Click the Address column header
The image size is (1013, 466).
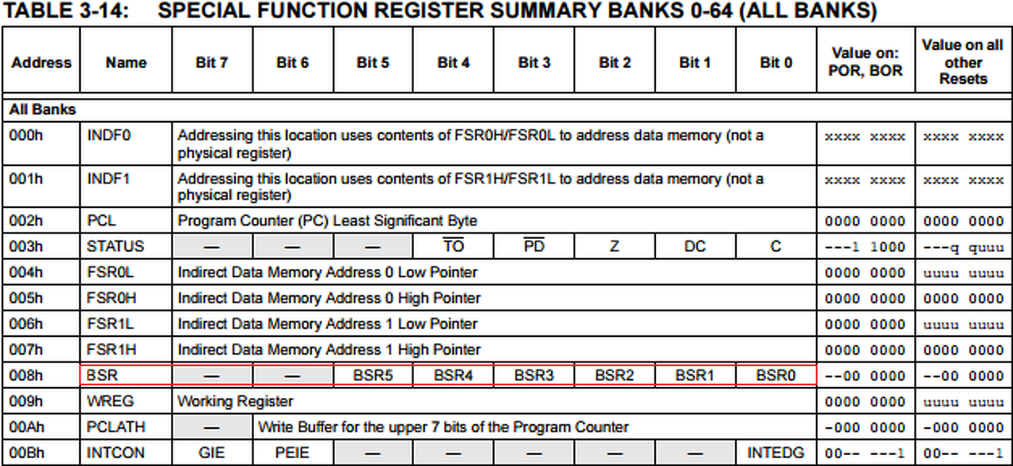pyautogui.click(x=41, y=63)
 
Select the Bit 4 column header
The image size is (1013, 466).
pyautogui.click(x=453, y=63)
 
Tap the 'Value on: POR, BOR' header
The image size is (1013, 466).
pyautogui.click(x=865, y=62)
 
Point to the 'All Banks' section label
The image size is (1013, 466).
pyautogui.click(x=43, y=109)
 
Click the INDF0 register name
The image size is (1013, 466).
pyautogui.click(x=108, y=135)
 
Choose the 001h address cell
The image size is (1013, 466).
pyautogui.click(x=26, y=179)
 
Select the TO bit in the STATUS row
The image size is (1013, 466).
pyautogui.click(x=453, y=245)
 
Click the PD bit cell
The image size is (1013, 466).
pyautogui.click(x=533, y=245)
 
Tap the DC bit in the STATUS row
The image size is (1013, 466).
pyautogui.click(x=695, y=246)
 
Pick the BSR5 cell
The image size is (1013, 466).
pyautogui.click(x=373, y=375)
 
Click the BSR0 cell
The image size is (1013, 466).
pyautogui.click(x=776, y=375)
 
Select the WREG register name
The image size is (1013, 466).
pyautogui.click(x=110, y=401)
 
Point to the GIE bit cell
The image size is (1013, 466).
pyautogui.click(x=211, y=453)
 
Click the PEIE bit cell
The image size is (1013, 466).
pyautogui.click(x=292, y=453)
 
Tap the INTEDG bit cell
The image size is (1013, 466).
pyautogui.click(x=776, y=453)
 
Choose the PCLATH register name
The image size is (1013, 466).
pyautogui.click(x=116, y=426)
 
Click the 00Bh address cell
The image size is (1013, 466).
pyautogui.click(x=27, y=453)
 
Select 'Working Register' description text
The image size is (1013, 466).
pyautogui.click(x=235, y=401)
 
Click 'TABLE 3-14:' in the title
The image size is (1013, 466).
pyautogui.click(x=66, y=11)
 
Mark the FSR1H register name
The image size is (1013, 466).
pyautogui.click(x=112, y=350)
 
